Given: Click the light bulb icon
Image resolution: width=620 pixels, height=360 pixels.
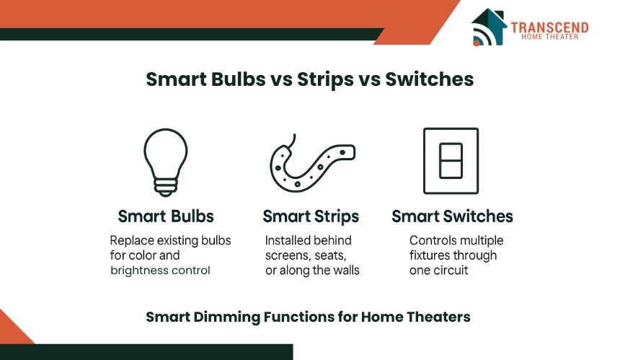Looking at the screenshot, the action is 166,162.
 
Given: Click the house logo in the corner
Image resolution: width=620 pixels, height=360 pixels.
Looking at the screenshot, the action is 489,27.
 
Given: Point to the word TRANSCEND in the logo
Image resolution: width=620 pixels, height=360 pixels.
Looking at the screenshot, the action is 549,27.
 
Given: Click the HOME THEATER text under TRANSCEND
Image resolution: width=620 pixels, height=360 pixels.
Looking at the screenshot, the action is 549,37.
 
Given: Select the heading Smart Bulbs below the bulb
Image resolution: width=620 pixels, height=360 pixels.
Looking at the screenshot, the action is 166,216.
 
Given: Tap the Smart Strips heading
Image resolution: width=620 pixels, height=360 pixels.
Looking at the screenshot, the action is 311,216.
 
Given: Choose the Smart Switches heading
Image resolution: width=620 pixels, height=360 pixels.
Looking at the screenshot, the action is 452,216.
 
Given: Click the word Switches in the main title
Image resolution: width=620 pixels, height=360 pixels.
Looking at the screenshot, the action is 430,79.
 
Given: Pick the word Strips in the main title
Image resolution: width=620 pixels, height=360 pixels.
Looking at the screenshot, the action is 325,80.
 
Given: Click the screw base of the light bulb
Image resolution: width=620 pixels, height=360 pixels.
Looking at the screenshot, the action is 166,188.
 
